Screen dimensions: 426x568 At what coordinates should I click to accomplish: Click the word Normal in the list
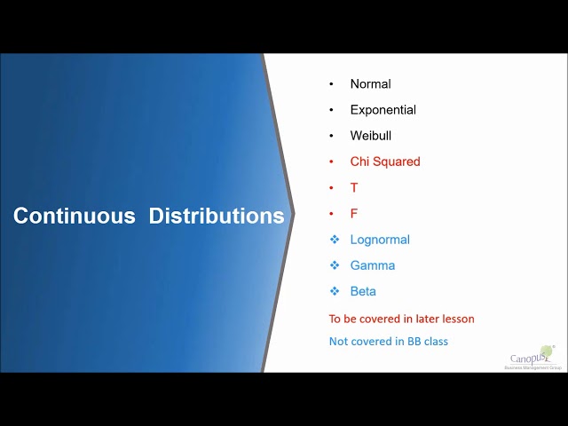tap(370, 84)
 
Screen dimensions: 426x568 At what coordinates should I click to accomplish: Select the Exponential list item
tap(383, 110)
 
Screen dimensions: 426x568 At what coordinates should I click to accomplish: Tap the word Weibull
tap(370, 136)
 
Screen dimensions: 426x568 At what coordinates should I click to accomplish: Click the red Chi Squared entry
tap(385, 162)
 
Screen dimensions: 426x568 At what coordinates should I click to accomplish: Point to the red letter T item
tap(354, 187)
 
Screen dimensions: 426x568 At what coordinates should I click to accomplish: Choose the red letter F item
tap(354, 213)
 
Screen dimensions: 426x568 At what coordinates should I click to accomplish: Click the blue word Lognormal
tap(380, 240)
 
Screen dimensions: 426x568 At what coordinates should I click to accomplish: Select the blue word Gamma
tap(373, 265)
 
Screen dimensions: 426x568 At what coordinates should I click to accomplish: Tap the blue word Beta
tap(363, 291)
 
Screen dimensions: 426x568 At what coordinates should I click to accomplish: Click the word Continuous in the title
tap(74, 216)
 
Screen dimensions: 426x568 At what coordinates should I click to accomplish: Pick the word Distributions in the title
tap(217, 216)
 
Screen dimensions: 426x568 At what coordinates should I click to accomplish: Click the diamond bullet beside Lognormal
tap(335, 240)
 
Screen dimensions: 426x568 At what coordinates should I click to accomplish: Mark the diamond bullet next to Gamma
tap(335, 265)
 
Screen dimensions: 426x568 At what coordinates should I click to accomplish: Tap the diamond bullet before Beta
tap(335, 291)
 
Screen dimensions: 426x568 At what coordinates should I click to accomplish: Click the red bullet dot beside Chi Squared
tap(332, 162)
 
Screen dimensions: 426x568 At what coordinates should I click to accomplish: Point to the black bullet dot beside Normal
tap(332, 84)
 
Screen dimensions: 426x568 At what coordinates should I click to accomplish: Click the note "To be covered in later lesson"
tap(401, 319)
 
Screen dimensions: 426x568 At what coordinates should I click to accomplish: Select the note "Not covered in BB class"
tap(388, 342)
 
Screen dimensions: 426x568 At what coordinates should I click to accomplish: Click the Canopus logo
tap(530, 358)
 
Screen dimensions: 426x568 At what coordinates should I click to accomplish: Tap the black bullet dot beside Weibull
tap(332, 136)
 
